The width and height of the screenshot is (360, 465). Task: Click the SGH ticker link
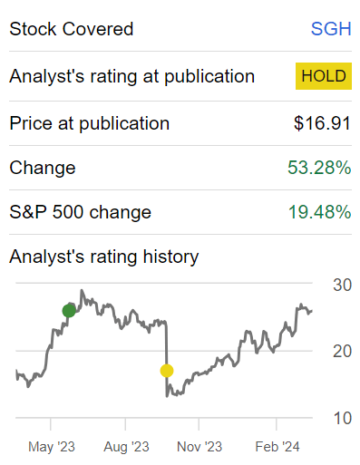[331, 29]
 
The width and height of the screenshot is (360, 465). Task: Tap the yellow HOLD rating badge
[324, 76]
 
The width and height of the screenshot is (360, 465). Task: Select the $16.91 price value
[322, 122]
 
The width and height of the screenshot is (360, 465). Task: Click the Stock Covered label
[71, 29]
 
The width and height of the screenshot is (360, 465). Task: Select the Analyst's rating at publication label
[131, 76]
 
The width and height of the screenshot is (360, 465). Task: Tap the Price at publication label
[89, 122]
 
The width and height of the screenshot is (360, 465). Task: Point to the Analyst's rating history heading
[103, 257]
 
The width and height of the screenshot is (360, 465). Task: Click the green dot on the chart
[69, 311]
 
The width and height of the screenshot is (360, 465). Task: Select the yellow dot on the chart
[167, 370]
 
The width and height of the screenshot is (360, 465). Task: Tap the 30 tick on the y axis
[341, 285]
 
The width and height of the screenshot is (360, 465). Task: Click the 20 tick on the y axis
[341, 352]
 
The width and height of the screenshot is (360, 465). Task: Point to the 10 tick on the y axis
[341, 419]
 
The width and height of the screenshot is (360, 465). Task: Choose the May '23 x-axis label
[51, 446]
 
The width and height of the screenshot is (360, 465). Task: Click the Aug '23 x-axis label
[126, 446]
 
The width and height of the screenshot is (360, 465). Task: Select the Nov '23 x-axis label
[200, 446]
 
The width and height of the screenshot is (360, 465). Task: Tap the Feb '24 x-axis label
[276, 446]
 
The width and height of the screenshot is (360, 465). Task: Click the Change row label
[42, 168]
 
